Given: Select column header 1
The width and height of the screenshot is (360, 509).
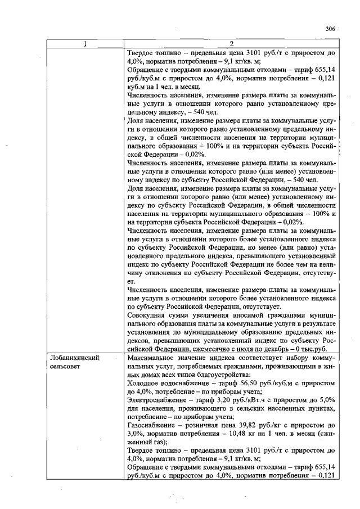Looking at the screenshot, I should point(85,44).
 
